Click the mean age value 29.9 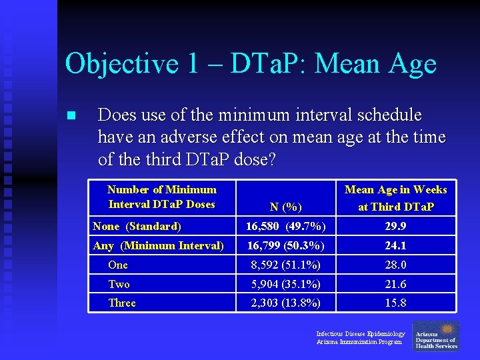395,227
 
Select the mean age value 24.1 395,246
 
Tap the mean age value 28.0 395,265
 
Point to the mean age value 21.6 395,285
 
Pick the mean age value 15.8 395,303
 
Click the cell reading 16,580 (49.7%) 286,227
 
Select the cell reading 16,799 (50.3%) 286,246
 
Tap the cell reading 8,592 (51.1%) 286,265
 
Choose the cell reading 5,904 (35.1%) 286,285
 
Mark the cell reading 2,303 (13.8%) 286,303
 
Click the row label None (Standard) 137,227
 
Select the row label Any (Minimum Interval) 158,246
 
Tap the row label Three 121,303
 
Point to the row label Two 119,285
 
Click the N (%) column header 286,207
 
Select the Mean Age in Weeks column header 395,198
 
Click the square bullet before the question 71,116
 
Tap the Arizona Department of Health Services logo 435,337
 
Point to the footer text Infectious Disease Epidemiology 360,333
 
